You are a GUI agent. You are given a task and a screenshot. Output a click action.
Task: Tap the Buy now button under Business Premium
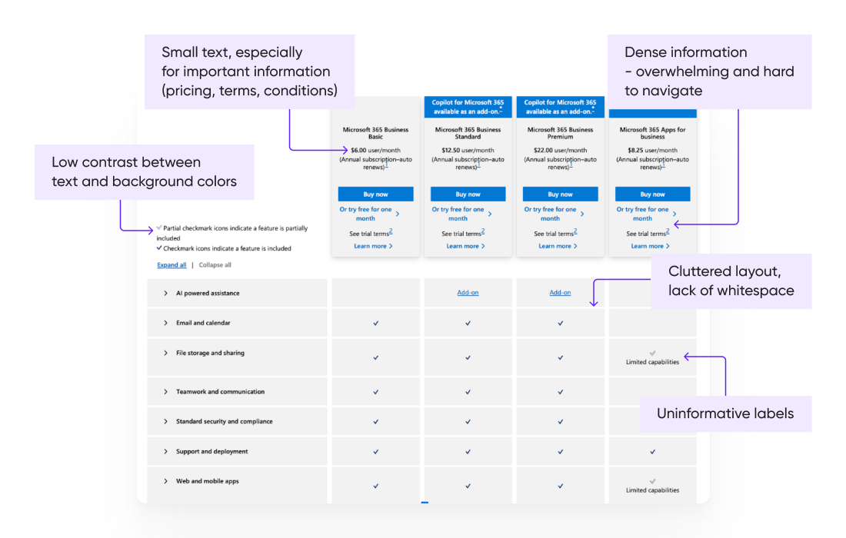pos(560,194)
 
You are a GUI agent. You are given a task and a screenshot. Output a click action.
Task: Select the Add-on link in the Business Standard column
pos(468,293)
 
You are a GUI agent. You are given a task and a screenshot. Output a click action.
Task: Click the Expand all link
pos(172,265)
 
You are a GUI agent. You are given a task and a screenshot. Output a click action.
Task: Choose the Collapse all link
pos(215,265)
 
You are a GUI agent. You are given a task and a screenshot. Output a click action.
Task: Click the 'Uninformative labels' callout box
pos(724,413)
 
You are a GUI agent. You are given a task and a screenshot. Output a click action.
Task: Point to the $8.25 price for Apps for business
pos(635,150)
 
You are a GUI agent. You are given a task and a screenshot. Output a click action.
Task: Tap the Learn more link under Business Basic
pos(373,246)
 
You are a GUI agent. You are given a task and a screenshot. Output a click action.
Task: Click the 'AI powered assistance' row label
pos(208,294)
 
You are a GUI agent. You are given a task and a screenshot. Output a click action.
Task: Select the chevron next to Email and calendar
pos(165,324)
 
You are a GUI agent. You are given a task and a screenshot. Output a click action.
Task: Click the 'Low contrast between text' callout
pos(144,172)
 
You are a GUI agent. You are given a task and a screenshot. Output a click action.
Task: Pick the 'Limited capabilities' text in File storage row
pos(652,362)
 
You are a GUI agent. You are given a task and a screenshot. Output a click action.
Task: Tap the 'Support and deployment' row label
pos(212,452)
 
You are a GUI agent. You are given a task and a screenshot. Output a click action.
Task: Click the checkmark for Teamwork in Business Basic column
pos(375,392)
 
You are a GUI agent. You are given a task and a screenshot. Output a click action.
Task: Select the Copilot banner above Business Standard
pos(468,107)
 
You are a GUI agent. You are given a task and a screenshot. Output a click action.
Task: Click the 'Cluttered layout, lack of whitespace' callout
pos(731,281)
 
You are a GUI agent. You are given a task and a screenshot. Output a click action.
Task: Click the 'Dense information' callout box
pos(708,71)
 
